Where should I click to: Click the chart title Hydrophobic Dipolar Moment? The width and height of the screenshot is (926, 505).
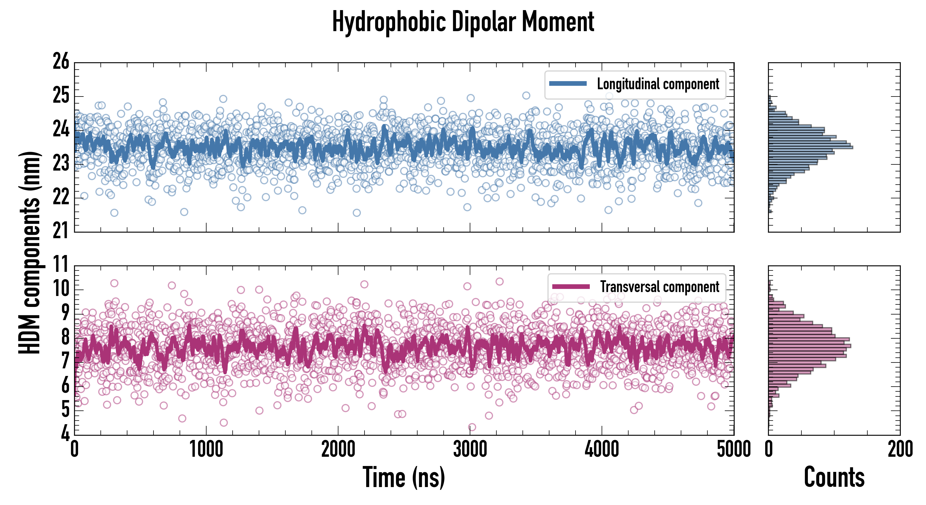coord(463,22)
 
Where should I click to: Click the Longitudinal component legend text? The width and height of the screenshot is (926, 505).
coord(658,84)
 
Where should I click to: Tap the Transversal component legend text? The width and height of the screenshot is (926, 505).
coord(660,287)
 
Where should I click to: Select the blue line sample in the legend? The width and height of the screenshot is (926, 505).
coord(568,84)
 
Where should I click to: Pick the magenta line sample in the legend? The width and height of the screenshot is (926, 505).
coord(571,286)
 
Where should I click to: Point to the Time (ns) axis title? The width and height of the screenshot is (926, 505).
coord(404,477)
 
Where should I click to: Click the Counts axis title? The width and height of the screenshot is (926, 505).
coord(834,477)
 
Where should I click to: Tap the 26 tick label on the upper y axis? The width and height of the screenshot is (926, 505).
coord(61,62)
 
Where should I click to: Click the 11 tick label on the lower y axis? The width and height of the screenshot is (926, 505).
coord(61,265)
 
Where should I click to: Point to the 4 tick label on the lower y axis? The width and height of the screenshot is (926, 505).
coord(65,433)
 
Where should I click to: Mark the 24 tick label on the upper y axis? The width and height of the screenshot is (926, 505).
coord(61,129)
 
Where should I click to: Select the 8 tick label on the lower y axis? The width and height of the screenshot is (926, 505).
coord(65,337)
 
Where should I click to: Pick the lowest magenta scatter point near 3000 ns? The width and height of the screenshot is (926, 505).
coord(472,427)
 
